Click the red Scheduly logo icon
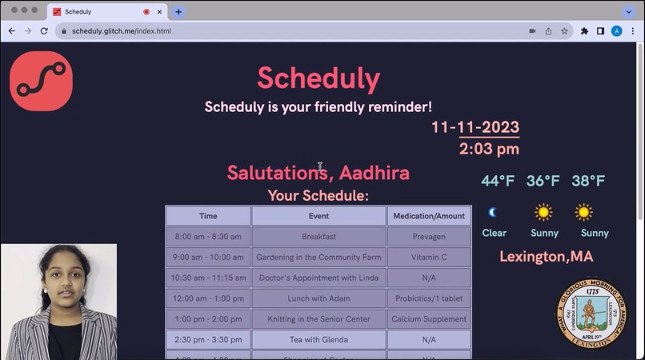pyautogui.click(x=41, y=81)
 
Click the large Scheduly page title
pyautogui.click(x=318, y=78)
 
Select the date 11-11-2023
pyautogui.click(x=475, y=127)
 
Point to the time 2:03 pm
pyautogui.click(x=488, y=149)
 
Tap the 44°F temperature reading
pyautogui.click(x=497, y=181)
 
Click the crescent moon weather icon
pyautogui.click(x=493, y=212)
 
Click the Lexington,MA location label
pyautogui.click(x=546, y=257)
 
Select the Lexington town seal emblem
pyautogui.click(x=591, y=312)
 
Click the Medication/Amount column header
pyautogui.click(x=428, y=216)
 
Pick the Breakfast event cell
pyautogui.click(x=318, y=237)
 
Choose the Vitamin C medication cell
pyautogui.click(x=428, y=258)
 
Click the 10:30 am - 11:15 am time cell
pyautogui.click(x=208, y=278)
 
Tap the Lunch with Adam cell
pyautogui.click(x=318, y=298)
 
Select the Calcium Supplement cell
pyautogui.click(x=428, y=319)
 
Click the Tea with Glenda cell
pyautogui.click(x=318, y=339)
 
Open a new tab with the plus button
pyautogui.click(x=178, y=12)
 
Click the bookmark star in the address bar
pyautogui.click(x=564, y=31)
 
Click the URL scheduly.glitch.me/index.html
pyautogui.click(x=122, y=31)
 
